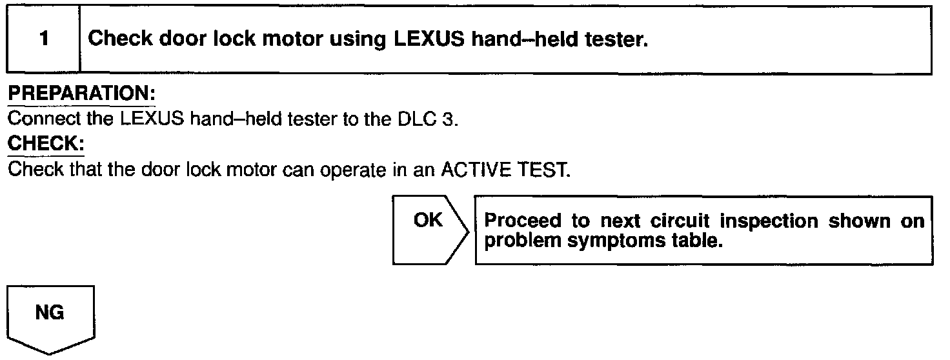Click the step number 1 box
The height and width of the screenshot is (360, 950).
(x=43, y=40)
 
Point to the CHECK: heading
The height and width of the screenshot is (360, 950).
(x=46, y=143)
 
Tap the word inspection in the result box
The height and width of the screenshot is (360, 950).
(x=769, y=221)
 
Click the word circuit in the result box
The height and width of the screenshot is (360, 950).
(x=678, y=221)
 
